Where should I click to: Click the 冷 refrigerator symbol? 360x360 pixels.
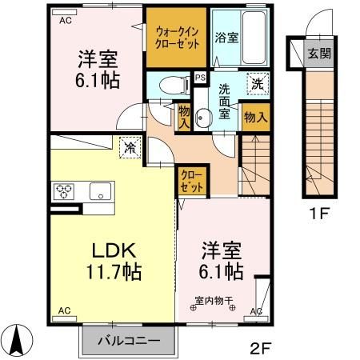coord(129,146)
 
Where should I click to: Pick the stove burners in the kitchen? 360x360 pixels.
coord(64,191)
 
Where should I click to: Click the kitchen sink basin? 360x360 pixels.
coord(100,191)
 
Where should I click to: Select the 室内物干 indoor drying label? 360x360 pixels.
coord(214,302)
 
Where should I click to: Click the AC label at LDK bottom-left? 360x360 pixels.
coord(63,310)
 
